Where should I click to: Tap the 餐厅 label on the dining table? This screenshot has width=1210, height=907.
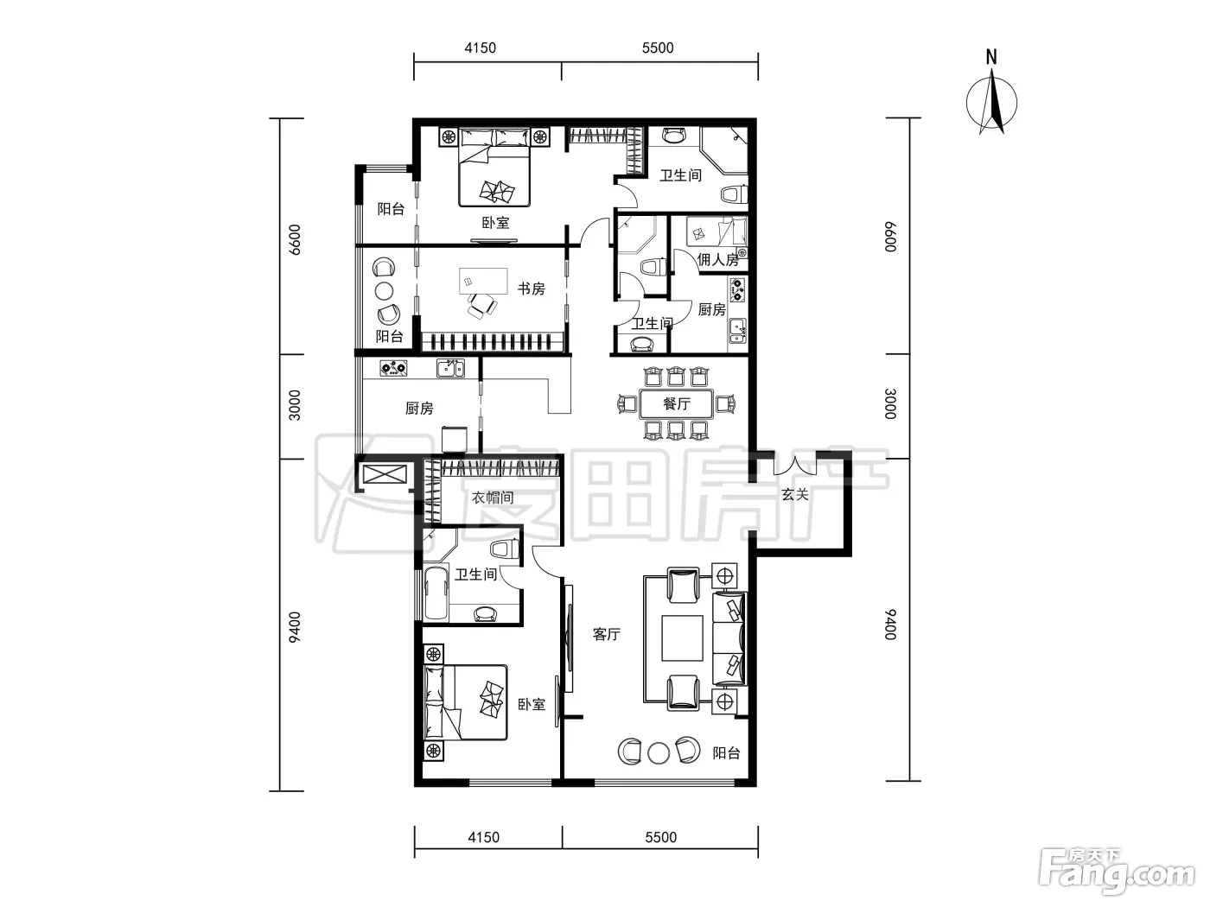click(x=677, y=403)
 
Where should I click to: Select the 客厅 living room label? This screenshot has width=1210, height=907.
click(x=607, y=634)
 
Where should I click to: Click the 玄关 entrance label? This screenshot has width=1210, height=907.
click(x=794, y=494)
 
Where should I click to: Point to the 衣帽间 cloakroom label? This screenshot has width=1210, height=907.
click(x=493, y=498)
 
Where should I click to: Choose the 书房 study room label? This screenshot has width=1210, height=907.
click(x=531, y=289)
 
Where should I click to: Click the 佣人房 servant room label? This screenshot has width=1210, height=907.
click(x=717, y=259)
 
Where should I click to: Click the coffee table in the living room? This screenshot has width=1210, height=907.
click(x=683, y=638)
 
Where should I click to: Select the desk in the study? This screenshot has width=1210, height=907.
click(x=483, y=282)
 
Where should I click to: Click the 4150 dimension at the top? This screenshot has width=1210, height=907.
click(x=481, y=48)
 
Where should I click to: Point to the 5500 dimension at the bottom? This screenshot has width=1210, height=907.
click(x=660, y=838)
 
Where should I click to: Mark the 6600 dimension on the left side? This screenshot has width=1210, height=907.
click(x=295, y=239)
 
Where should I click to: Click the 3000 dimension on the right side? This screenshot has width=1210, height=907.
click(x=890, y=403)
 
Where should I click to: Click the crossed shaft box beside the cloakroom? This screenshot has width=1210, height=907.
click(x=385, y=474)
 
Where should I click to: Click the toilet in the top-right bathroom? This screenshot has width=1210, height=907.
click(x=734, y=194)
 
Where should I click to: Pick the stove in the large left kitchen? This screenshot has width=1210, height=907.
click(x=393, y=368)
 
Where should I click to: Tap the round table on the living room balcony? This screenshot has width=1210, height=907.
click(x=659, y=753)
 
